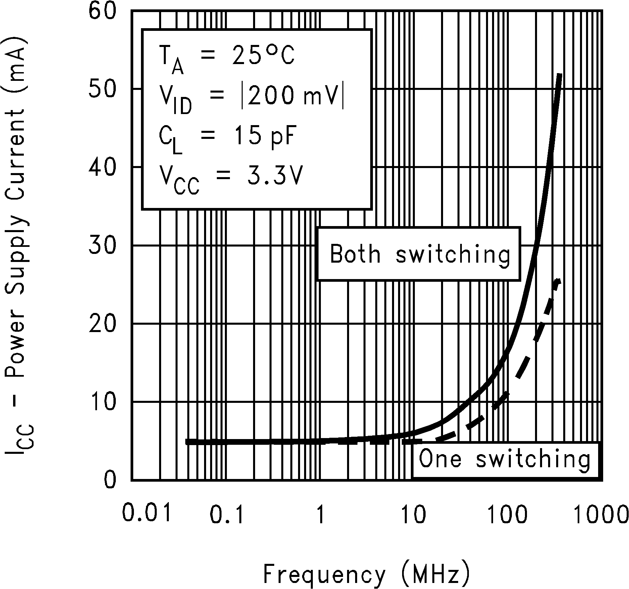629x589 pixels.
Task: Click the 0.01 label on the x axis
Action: (x=147, y=513)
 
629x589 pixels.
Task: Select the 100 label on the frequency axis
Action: (x=507, y=515)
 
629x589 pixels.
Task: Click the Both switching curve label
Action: (x=420, y=254)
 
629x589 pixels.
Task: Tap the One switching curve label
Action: (x=504, y=459)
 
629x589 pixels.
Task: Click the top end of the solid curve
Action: (x=559, y=74)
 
